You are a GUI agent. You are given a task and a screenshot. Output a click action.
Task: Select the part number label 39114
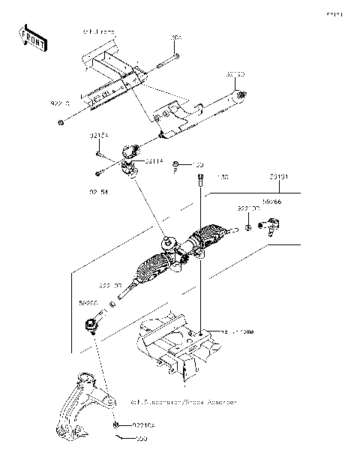coord(155,160)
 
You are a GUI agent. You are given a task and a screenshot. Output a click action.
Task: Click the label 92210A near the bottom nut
coord(145,425)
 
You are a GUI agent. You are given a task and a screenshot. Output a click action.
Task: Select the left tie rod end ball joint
coord(92,325)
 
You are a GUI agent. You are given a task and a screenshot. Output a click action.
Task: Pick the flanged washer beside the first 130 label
coord(175,163)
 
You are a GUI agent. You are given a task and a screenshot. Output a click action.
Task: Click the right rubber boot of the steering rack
coord(208,240)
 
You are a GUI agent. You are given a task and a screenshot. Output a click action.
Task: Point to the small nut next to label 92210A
coord(118,425)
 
